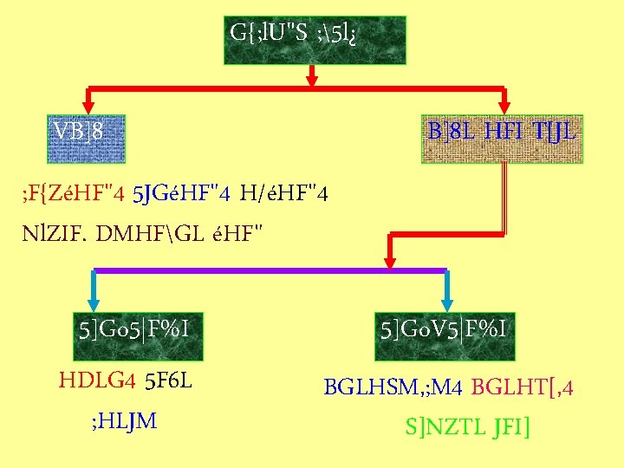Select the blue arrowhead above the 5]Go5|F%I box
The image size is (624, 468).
pos(94,299)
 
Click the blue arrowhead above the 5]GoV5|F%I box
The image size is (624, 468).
pos(446,299)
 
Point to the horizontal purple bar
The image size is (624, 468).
pos(270,271)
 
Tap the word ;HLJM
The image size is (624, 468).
pos(124,421)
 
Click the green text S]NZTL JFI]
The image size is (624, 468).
pos(467,428)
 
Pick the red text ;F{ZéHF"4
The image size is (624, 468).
pos(73,192)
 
